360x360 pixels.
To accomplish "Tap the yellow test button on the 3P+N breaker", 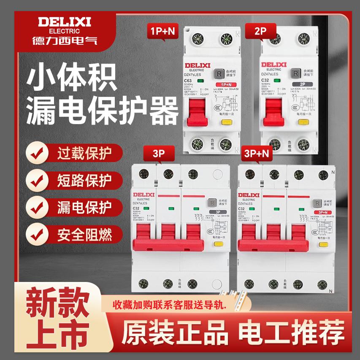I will pyautogui.click(x=323, y=244).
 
